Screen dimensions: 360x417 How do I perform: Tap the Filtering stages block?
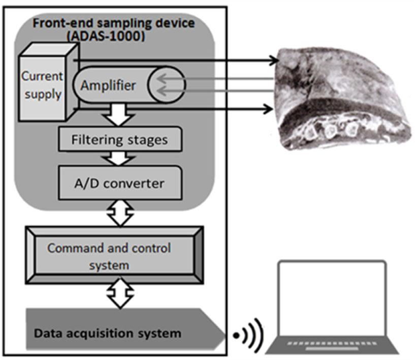[x=120, y=139]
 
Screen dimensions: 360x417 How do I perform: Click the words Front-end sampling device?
[x=107, y=23]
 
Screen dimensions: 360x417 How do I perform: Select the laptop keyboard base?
[x=333, y=346]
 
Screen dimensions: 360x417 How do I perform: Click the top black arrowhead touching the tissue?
[x=275, y=61]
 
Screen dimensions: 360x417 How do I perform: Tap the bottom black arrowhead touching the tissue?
[x=267, y=108]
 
